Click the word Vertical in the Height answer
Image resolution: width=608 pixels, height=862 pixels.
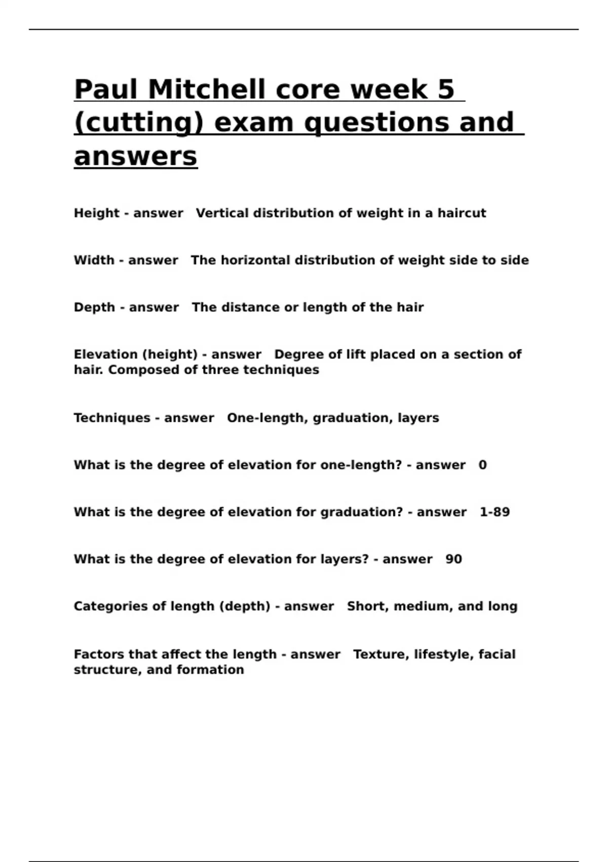coord(222,213)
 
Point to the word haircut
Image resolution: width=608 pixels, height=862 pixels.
coord(462,213)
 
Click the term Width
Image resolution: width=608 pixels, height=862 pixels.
coord(94,260)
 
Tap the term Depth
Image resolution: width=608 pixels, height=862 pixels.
coord(94,307)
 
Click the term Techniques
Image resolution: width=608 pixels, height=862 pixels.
coord(112,418)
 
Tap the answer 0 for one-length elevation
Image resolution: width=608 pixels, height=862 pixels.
coord(482,465)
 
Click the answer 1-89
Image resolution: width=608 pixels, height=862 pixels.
coord(495,512)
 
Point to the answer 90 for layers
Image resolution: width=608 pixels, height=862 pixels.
coord(453,559)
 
